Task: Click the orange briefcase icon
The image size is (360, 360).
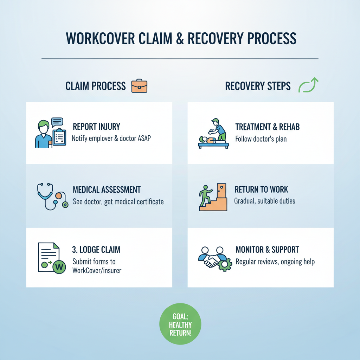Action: pyautogui.click(x=139, y=86)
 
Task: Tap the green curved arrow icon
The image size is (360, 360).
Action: pyautogui.click(x=308, y=86)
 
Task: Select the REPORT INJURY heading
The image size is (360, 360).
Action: pyautogui.click(x=96, y=127)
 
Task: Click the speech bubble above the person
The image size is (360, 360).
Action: pyautogui.click(x=57, y=122)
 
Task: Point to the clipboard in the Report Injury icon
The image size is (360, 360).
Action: pyautogui.click(x=59, y=139)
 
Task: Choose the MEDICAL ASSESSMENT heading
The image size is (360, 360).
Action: pyautogui.click(x=107, y=190)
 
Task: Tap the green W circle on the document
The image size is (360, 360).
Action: pyautogui.click(x=59, y=267)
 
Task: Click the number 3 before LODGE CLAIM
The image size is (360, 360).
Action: pyautogui.click(x=74, y=250)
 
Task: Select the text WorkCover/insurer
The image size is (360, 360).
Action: pyautogui.click(x=97, y=271)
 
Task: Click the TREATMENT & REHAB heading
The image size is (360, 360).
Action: pyautogui.click(x=267, y=127)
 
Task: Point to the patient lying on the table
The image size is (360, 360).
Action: pyautogui.click(x=207, y=140)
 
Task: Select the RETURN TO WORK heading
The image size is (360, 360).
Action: pyautogui.click(x=261, y=190)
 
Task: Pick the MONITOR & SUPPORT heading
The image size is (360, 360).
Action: pyautogui.click(x=267, y=250)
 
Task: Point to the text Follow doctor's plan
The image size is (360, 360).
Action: pyautogui.click(x=261, y=139)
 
